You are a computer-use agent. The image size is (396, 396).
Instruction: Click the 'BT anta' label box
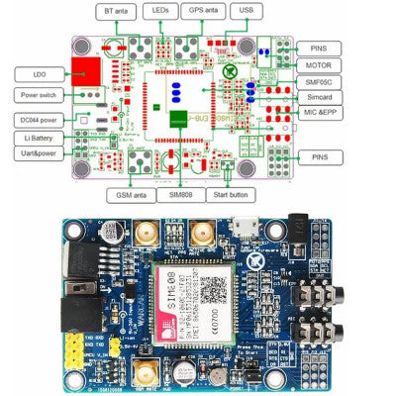(x=116, y=12)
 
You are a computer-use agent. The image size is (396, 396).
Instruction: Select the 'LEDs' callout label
(x=161, y=12)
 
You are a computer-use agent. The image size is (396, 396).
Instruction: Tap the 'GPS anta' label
(x=205, y=12)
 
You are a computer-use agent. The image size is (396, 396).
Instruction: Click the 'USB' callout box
(x=246, y=12)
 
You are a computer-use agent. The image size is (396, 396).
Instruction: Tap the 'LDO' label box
(x=39, y=73)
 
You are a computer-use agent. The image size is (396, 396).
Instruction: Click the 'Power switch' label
(x=39, y=95)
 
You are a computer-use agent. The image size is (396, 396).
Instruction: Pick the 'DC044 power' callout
(x=39, y=119)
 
